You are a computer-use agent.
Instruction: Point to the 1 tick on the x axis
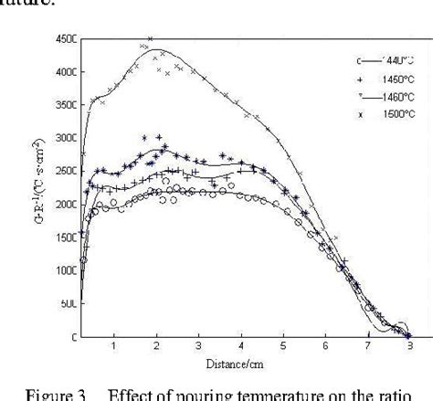[113, 347]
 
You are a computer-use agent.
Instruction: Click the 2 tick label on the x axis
[156, 347]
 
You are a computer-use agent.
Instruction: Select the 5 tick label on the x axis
[283, 347]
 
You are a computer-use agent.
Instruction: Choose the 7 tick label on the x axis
[367, 347]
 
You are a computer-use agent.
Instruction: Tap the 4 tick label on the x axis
[240, 347]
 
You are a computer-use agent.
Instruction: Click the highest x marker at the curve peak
[150, 39]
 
